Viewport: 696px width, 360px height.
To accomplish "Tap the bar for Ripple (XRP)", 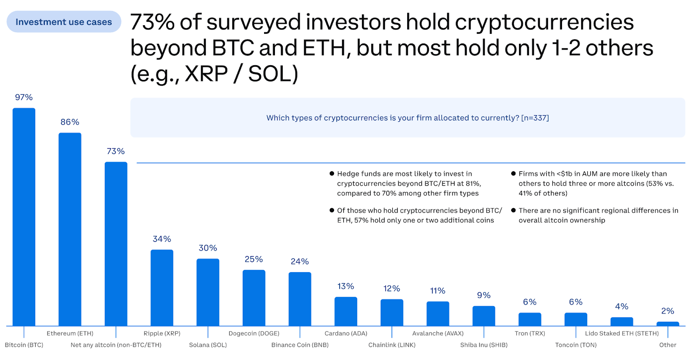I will pos(162,287).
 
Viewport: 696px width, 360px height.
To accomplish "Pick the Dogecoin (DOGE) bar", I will pos(254,297).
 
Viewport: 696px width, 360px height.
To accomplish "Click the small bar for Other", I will pos(668,324).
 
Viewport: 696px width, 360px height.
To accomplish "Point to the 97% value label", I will pos(24,97).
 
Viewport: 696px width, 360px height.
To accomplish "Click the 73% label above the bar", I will pos(116,151).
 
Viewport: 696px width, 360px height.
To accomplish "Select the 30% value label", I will pos(208,248).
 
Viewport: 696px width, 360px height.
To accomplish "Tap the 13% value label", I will pos(346,286).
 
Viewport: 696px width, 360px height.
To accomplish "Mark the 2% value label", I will pos(668,311).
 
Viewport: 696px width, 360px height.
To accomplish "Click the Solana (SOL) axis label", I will pos(208,345).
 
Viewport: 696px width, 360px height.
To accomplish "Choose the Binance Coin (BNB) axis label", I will pos(300,345).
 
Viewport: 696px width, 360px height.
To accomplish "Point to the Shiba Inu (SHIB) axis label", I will pos(484,345).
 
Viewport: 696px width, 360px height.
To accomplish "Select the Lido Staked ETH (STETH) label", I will pos(622,333).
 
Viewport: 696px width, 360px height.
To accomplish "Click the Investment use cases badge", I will pos(64,22).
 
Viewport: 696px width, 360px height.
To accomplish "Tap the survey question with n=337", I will pos(408,118).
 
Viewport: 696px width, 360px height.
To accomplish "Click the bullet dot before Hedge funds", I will pos(332,173).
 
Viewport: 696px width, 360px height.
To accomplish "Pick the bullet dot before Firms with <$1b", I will pos(513,173).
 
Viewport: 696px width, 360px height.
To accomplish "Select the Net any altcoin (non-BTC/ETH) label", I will pos(116,345).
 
